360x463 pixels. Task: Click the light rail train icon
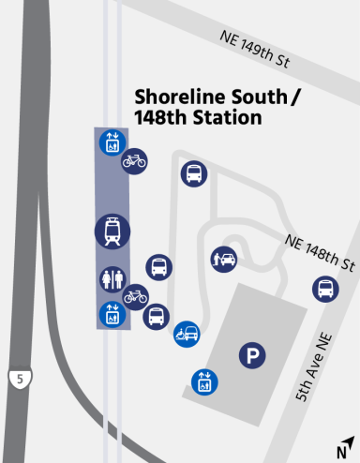click(x=112, y=231)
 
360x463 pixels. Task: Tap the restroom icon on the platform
click(x=112, y=279)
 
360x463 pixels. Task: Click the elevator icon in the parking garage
click(x=203, y=382)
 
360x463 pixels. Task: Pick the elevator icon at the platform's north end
click(x=112, y=142)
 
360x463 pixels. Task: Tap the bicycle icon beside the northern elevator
click(x=134, y=159)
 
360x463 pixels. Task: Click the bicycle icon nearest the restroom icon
click(x=136, y=296)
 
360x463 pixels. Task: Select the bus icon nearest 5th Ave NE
click(x=325, y=288)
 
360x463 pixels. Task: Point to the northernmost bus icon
click(x=194, y=173)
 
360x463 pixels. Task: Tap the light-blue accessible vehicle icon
click(x=186, y=334)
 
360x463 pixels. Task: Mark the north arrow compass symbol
click(x=347, y=446)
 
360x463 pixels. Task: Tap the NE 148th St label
click(x=321, y=251)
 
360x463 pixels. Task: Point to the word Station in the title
click(x=226, y=119)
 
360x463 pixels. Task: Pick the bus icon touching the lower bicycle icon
click(x=157, y=316)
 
